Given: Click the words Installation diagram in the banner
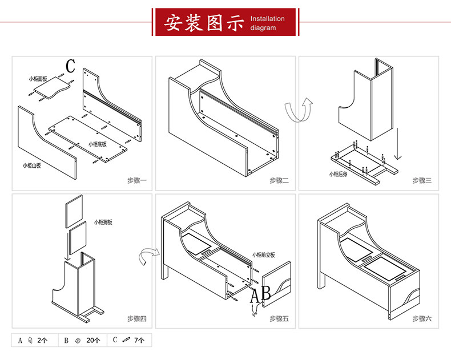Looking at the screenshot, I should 267,23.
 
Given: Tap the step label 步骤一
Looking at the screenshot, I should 137,181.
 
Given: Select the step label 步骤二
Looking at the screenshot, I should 280,181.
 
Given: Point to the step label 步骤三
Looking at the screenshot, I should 422,181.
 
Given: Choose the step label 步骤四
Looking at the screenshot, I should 137,319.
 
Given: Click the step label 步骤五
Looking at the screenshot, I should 280,319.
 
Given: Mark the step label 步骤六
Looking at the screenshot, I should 422,319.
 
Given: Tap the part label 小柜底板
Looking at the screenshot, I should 98,144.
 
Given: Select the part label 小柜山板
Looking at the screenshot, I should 32,165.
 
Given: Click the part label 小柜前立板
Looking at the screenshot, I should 264,254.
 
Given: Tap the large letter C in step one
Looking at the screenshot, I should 70,66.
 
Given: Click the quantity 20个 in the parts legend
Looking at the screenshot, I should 93,341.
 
